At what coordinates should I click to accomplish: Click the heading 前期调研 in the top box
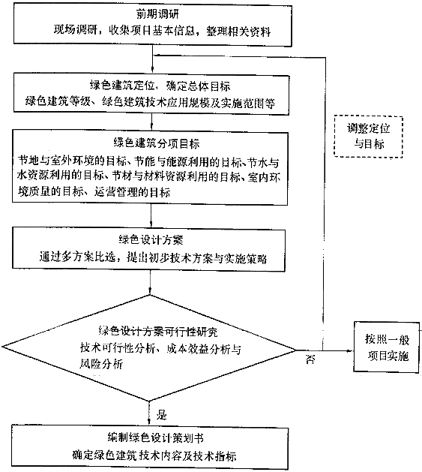pos(157,14)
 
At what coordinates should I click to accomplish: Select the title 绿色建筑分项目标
pos(157,143)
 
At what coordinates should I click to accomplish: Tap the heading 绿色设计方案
pos(151,240)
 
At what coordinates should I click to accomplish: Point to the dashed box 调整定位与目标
pos(368,137)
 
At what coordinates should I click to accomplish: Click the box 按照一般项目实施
pos(387,347)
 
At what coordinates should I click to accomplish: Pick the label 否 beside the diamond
pos(310,359)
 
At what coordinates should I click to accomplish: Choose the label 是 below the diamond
pos(161,415)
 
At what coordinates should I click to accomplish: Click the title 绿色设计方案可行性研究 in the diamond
pos(158,332)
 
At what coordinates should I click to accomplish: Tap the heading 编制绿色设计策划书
pos(155,437)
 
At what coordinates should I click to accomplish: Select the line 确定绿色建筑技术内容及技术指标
pos(154,455)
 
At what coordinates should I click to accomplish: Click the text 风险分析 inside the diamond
pos(101,364)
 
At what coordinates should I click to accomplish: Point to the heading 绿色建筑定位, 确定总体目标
pos(160,86)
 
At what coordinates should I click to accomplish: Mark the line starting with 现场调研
pos(162,31)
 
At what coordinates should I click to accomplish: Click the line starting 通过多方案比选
pos(153,258)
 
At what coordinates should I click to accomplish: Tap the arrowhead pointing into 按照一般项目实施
pos(350,350)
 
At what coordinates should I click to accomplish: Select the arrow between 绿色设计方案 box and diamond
pos(149,283)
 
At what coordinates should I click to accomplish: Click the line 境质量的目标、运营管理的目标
pos(94,192)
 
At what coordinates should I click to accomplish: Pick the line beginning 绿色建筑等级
pos(150,102)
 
